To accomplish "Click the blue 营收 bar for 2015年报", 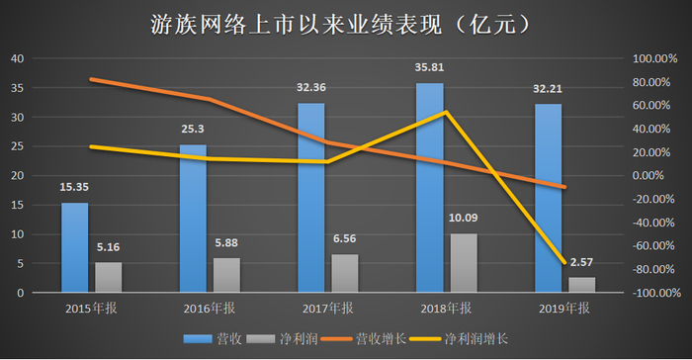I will click(x=74, y=247).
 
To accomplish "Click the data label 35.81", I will click(x=429, y=70).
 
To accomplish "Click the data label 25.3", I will click(x=193, y=129).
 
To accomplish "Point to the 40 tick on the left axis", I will click(x=18, y=58).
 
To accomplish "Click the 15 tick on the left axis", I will click(x=18, y=205).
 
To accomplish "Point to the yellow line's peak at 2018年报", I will click(x=447, y=111).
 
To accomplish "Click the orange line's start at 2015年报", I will click(x=91, y=79).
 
